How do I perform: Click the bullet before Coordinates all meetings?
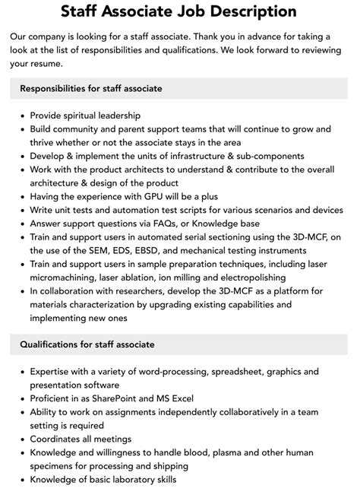[19, 439]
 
